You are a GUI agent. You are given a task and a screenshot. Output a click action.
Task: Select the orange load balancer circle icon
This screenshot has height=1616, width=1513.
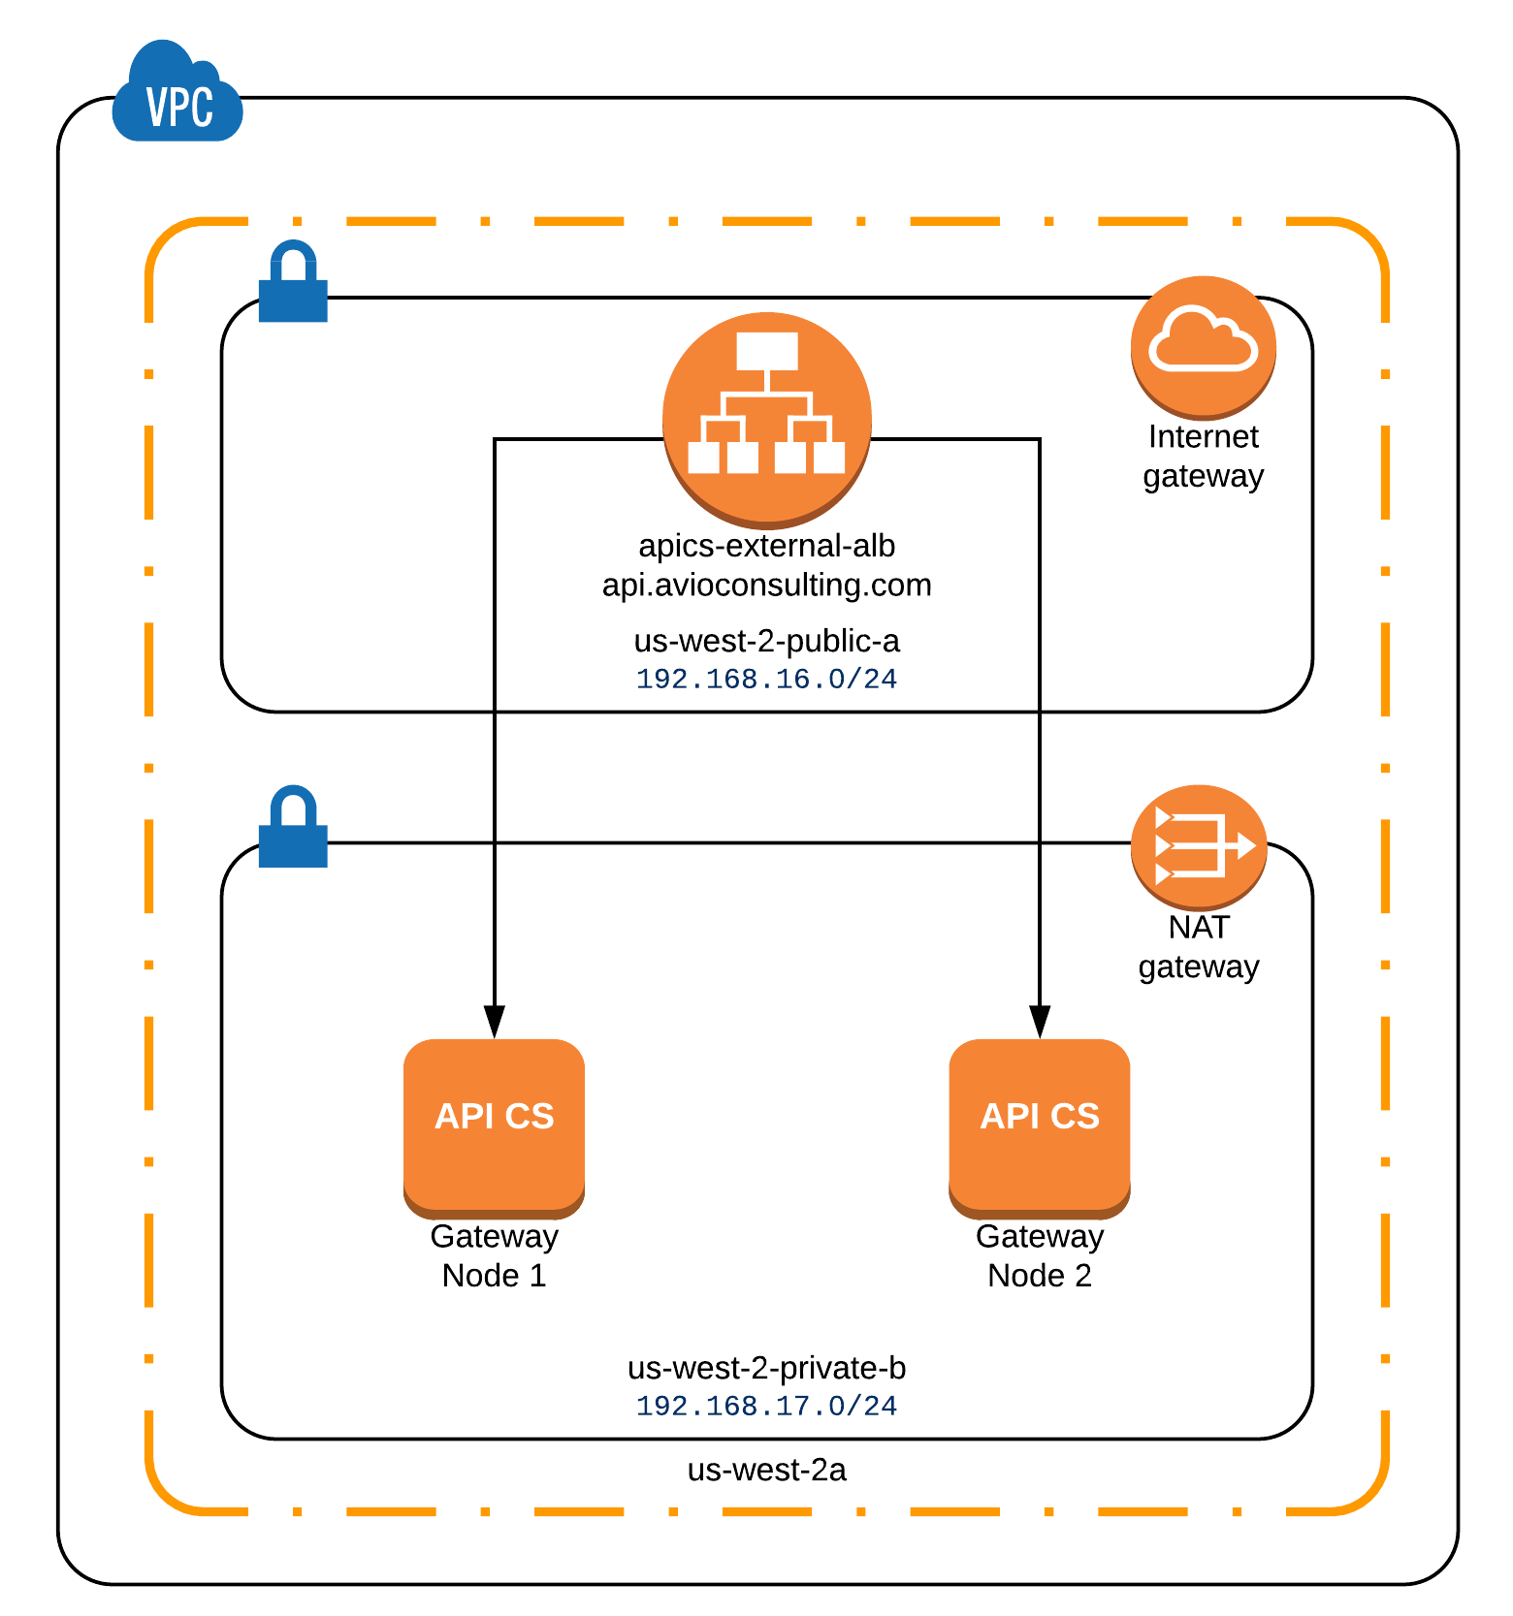(x=766, y=418)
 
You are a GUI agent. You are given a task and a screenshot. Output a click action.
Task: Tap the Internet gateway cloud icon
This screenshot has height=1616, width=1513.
(x=1203, y=345)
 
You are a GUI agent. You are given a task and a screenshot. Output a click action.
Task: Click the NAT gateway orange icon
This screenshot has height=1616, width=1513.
(x=1199, y=846)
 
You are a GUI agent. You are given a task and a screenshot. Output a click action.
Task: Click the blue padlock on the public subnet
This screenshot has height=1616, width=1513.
(x=293, y=283)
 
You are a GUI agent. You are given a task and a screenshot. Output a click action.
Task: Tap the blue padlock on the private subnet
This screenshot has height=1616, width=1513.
(x=293, y=828)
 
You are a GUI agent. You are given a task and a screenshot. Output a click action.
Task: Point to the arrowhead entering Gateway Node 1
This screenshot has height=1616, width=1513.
(x=494, y=1022)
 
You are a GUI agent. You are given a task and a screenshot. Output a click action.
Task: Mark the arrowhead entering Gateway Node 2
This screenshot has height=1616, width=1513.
(x=1040, y=1022)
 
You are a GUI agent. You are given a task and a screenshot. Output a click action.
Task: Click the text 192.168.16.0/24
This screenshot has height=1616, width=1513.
(x=766, y=679)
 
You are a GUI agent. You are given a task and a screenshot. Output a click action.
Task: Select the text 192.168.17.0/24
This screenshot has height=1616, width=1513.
(x=766, y=1406)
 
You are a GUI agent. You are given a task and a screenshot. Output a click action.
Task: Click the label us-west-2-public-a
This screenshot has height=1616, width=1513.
(x=766, y=641)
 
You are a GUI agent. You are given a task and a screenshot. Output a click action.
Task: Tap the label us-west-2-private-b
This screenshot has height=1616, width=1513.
(x=766, y=1368)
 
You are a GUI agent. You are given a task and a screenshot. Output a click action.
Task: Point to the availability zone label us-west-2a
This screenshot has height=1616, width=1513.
(x=766, y=1470)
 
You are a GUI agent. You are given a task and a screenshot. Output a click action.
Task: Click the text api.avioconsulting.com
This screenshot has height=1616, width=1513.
(x=766, y=585)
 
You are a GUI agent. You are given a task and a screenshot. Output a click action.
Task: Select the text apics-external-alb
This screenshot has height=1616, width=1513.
(x=766, y=546)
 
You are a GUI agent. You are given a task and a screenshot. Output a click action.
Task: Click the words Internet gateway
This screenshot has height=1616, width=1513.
(x=1203, y=456)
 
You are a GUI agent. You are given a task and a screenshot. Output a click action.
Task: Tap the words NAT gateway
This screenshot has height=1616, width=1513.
(x=1199, y=946)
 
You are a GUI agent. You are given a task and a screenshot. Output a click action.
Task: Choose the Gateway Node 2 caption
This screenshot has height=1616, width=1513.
(x=1039, y=1255)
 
